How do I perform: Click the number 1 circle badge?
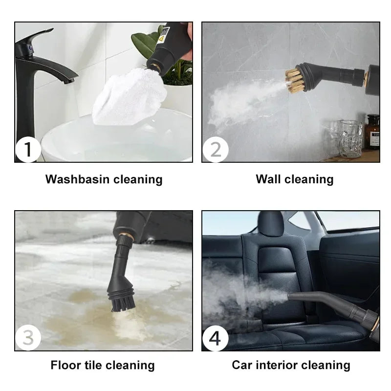point(28,150)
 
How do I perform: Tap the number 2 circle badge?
point(215,150)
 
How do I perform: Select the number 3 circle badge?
point(28,338)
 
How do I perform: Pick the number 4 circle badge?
point(215,338)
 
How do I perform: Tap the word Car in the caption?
point(242,365)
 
